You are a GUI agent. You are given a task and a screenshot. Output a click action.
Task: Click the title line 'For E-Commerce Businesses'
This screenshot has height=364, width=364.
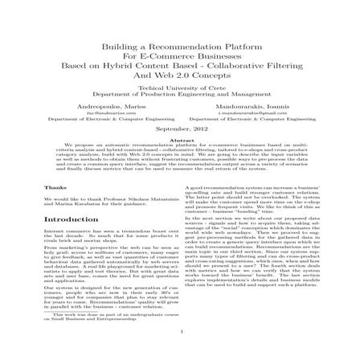pyautogui.click(x=182, y=59)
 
